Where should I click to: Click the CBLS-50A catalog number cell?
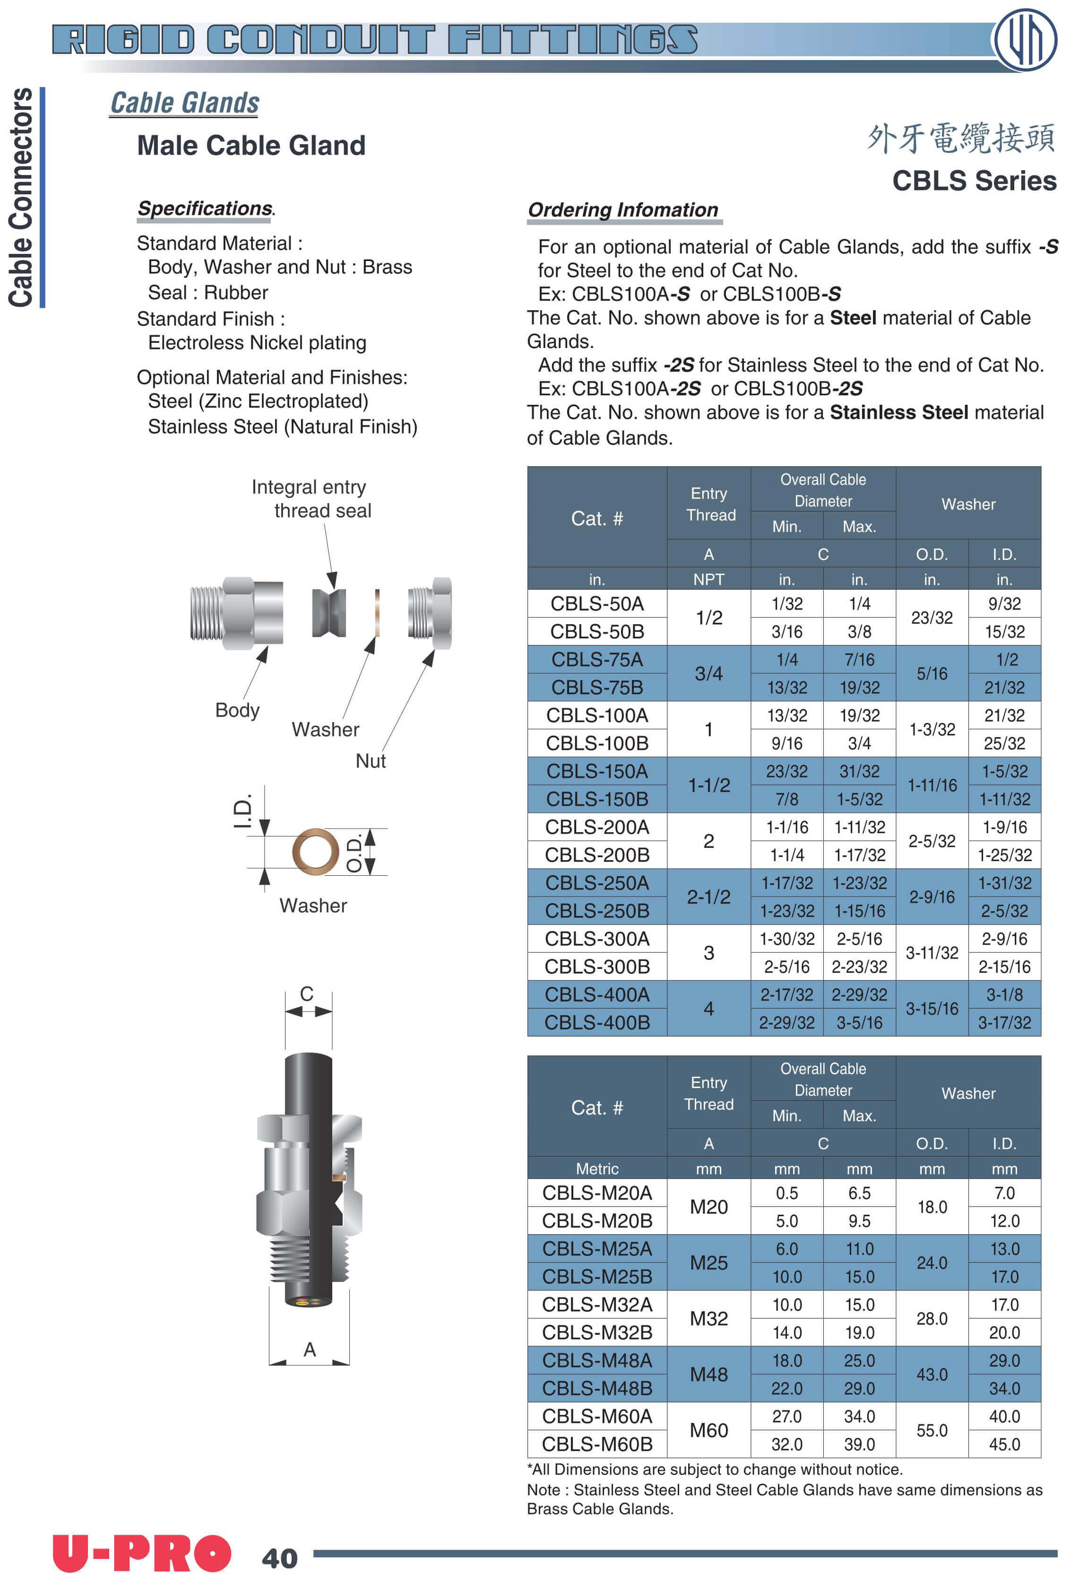[597, 604]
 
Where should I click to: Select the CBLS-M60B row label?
[597, 1444]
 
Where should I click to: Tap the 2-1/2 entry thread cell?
[709, 897]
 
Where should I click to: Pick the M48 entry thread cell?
[709, 1375]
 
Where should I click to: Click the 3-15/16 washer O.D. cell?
[932, 1009]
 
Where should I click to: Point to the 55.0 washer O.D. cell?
[932, 1430]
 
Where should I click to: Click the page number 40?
[280, 1559]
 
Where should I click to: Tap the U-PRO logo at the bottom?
[142, 1553]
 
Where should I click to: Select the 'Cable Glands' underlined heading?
[185, 103]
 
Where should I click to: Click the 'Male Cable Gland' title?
[251, 145]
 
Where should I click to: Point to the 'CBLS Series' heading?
[974, 181]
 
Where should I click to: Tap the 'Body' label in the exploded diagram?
[237, 710]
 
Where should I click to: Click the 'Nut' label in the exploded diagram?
[371, 761]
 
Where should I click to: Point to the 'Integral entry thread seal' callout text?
[312, 499]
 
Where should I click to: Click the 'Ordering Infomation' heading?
[623, 210]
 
